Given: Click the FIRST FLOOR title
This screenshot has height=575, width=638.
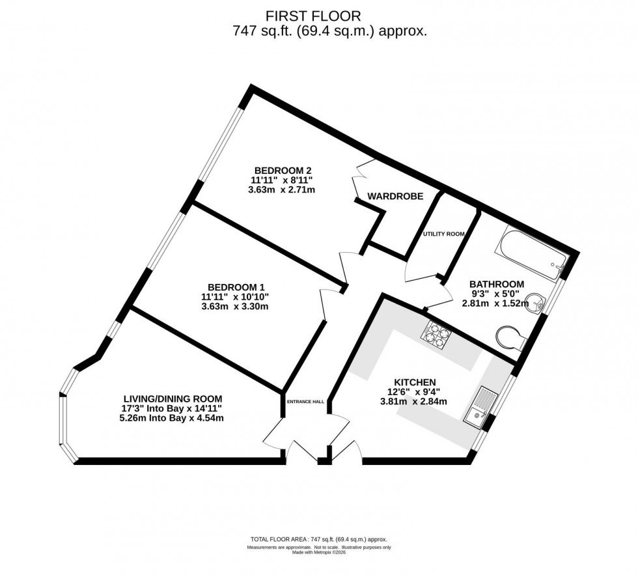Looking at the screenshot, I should click(318, 15).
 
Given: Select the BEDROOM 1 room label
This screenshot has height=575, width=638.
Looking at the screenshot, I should click(236, 287).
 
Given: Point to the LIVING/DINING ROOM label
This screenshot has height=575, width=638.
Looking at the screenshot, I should click(173, 399).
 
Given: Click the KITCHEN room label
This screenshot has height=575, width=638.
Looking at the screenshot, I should click(414, 382).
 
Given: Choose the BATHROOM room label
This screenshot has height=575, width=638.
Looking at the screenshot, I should click(497, 284).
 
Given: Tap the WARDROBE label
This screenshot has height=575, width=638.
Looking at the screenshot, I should click(395, 196).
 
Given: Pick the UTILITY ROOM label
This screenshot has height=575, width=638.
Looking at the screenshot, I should click(443, 234).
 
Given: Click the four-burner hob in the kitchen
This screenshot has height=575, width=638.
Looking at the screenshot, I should click(437, 336).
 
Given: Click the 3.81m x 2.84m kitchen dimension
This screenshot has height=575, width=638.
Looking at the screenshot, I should click(414, 402).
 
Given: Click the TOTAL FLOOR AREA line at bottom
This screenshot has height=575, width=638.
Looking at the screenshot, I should click(318, 540).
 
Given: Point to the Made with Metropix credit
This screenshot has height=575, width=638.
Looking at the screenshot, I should click(318, 554).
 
